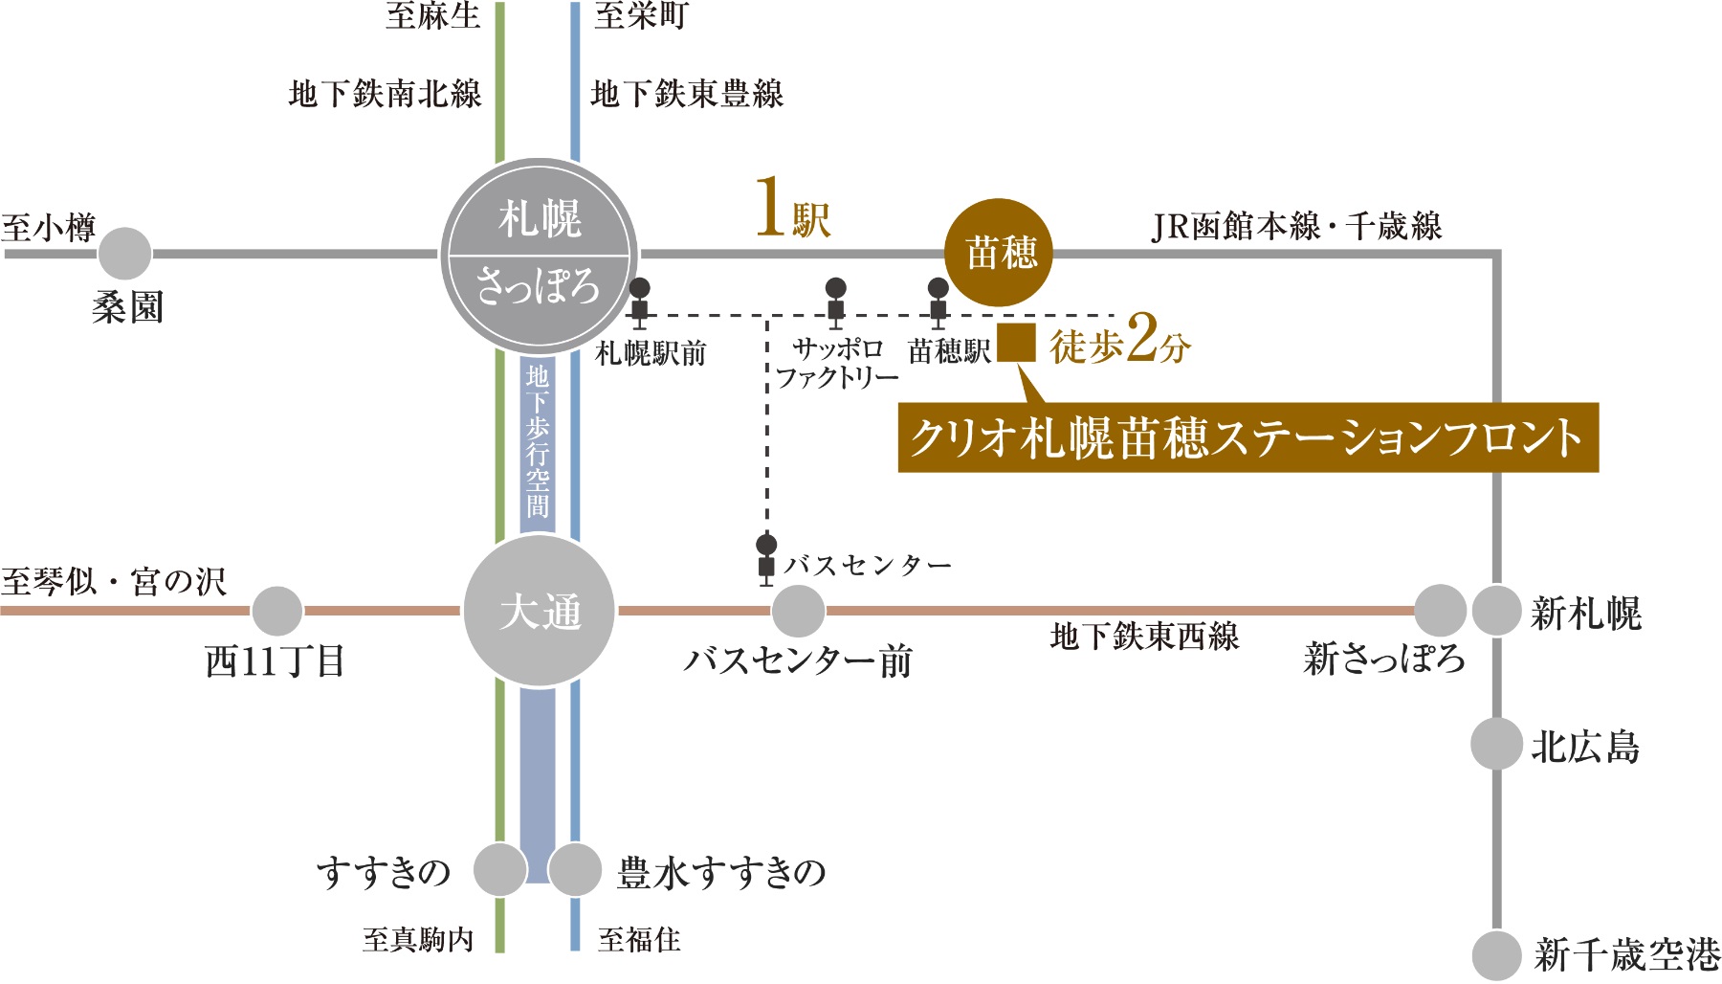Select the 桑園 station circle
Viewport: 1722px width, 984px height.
pyautogui.click(x=124, y=254)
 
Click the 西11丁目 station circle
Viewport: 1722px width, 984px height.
pyautogui.click(x=276, y=611)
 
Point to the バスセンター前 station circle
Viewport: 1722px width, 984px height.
pyautogui.click(x=798, y=611)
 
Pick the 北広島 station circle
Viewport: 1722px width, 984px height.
pyautogui.click(x=1496, y=744)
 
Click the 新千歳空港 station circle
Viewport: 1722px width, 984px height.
pyautogui.click(x=1496, y=954)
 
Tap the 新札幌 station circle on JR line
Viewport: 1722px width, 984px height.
pyautogui.click(x=1496, y=610)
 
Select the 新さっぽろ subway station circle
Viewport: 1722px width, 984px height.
pyautogui.click(x=1440, y=610)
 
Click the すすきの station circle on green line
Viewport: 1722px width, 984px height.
pyautogui.click(x=499, y=869)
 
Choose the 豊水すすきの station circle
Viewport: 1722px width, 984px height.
pyautogui.click(x=574, y=869)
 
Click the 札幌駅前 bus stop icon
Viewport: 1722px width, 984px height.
pyautogui.click(x=639, y=301)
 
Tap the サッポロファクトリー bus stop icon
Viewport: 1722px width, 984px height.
pyautogui.click(x=835, y=301)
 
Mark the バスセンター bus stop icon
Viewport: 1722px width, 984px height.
pyautogui.click(x=766, y=558)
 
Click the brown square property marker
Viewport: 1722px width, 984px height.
pyautogui.click(x=1016, y=343)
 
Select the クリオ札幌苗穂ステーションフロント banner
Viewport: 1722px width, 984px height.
pyautogui.click(x=1247, y=438)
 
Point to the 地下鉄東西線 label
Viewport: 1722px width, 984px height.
pyautogui.click(x=1144, y=637)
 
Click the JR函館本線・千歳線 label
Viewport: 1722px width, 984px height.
pyautogui.click(x=1296, y=227)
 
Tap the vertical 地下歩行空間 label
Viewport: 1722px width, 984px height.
pyautogui.click(x=538, y=440)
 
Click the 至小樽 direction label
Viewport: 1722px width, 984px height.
pyautogui.click(x=49, y=228)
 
